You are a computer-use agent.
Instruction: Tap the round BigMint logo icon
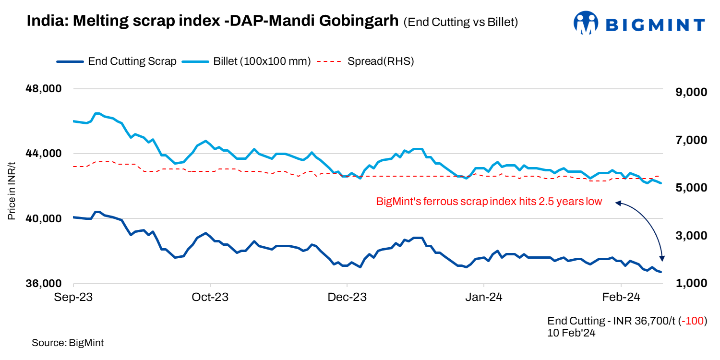585,23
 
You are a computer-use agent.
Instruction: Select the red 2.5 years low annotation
489,202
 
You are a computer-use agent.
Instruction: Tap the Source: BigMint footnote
68,343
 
